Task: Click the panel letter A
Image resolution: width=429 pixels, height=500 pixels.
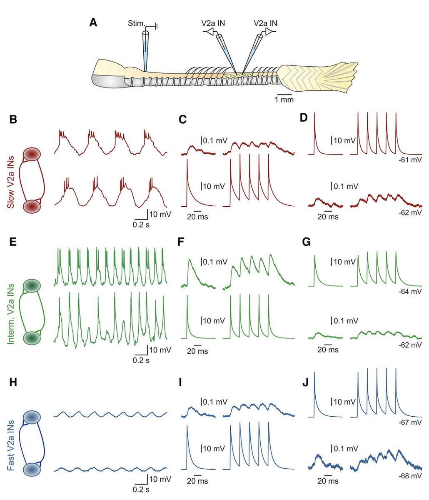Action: coord(94,22)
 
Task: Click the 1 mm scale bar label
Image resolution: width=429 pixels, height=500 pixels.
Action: coord(284,100)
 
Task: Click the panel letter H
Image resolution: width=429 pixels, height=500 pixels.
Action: coord(13,382)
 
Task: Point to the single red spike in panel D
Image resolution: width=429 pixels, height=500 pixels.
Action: coord(315,133)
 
